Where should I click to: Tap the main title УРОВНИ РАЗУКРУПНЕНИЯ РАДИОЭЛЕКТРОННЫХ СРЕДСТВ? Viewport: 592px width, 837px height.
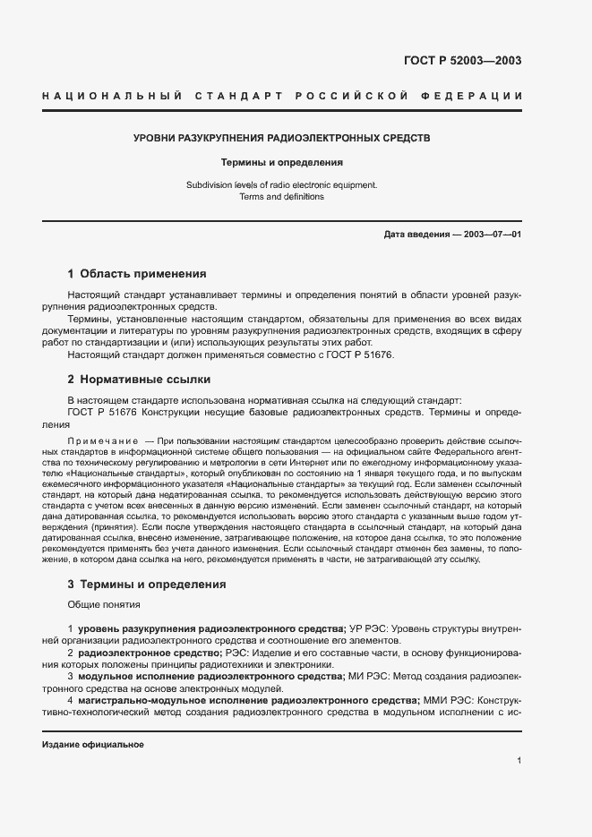(x=282, y=139)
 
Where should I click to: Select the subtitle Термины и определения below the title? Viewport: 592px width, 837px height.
(x=282, y=163)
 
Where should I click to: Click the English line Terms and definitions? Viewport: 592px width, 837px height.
(x=281, y=197)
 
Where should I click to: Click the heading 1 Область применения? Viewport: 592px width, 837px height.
(x=137, y=274)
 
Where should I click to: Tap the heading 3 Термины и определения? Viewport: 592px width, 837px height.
(x=147, y=585)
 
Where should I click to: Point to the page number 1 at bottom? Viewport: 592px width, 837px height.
(x=519, y=761)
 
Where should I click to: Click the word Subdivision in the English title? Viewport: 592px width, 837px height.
(x=209, y=185)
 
